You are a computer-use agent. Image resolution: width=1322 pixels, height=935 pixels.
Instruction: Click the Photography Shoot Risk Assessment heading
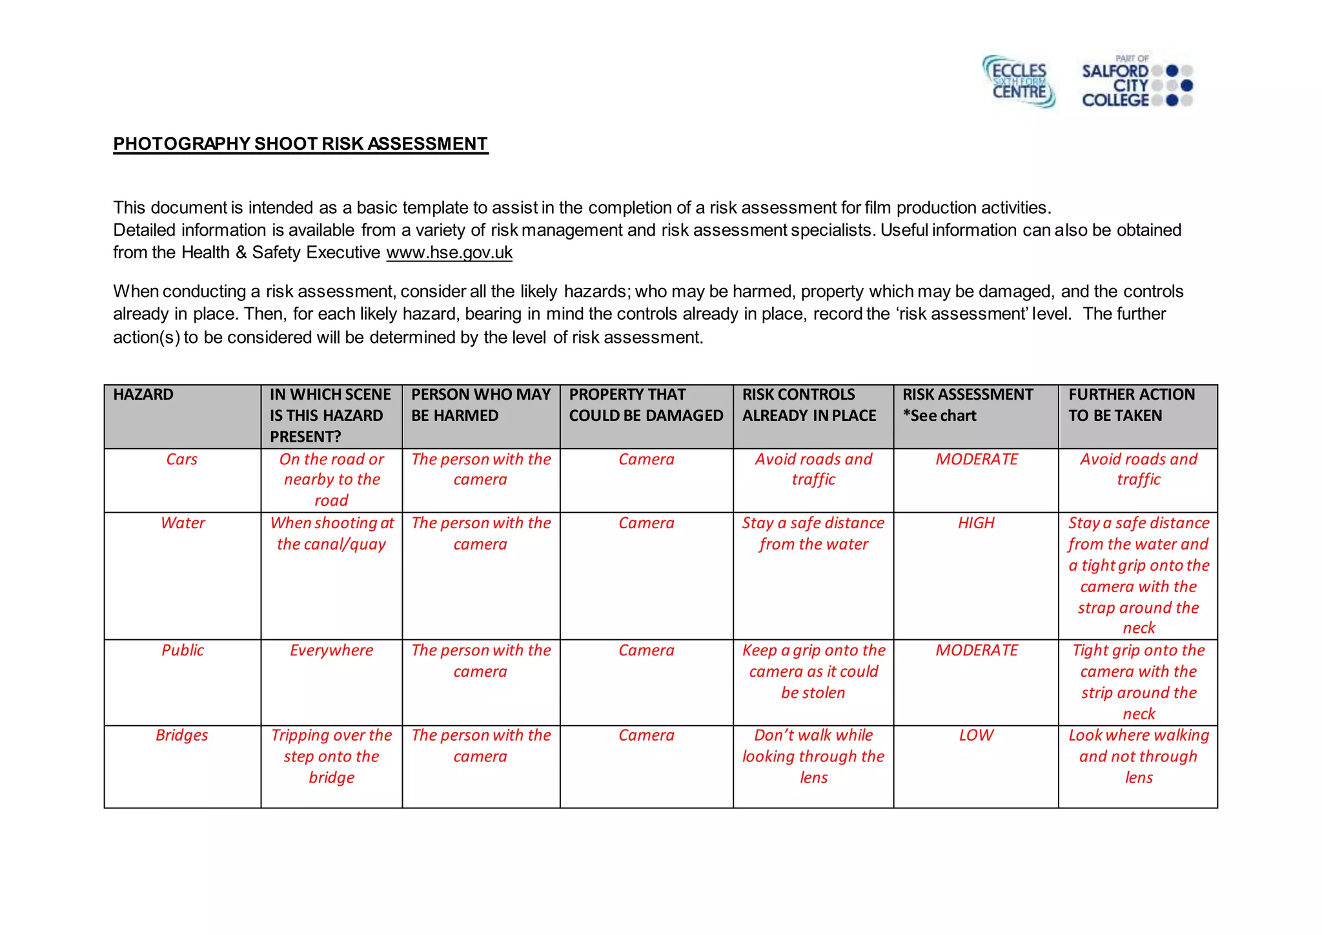point(301,144)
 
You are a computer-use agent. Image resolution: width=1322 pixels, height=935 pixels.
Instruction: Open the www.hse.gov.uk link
point(449,252)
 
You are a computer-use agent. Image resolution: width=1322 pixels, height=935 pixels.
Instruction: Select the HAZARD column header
point(143,395)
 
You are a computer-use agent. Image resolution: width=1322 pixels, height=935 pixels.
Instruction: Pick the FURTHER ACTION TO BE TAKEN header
point(1131,405)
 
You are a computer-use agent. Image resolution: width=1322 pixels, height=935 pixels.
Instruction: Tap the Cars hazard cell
point(182,459)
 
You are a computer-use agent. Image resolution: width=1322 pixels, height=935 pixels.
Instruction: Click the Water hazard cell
point(183,523)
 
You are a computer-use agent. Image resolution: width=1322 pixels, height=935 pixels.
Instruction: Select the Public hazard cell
point(183,650)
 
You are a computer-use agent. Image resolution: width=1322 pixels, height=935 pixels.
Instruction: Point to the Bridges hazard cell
point(182,735)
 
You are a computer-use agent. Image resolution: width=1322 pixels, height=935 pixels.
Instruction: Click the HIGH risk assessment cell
point(976,523)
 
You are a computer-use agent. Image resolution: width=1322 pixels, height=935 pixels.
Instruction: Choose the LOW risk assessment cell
point(976,735)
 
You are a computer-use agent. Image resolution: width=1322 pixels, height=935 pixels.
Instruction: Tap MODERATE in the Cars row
point(976,459)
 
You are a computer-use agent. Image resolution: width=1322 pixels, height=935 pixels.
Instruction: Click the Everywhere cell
point(331,650)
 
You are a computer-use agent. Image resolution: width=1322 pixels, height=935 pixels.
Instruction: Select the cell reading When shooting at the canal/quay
point(331,533)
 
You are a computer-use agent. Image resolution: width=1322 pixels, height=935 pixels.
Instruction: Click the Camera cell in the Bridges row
point(646,735)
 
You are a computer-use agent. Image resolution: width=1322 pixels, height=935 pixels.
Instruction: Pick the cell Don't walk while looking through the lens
point(813,756)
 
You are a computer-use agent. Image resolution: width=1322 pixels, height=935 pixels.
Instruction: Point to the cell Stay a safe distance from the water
point(813,533)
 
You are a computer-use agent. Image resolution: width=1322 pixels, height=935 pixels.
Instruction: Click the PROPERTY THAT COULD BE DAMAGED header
point(646,405)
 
